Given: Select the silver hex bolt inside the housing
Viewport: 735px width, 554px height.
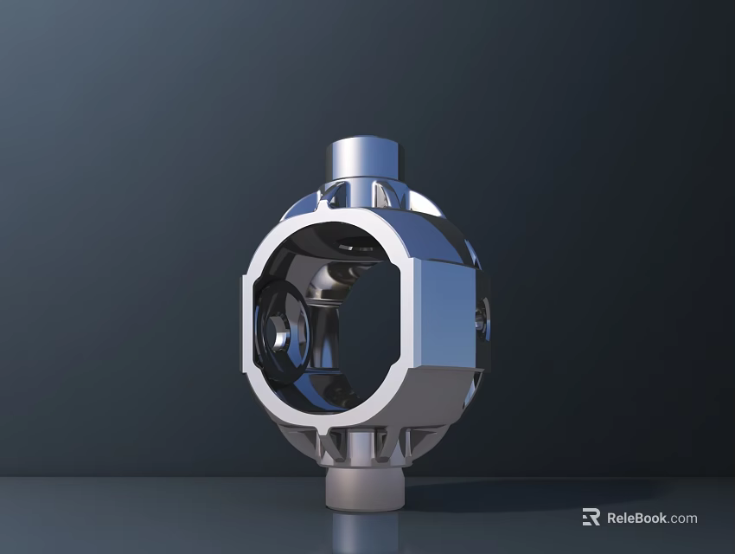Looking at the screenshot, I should [x=278, y=333].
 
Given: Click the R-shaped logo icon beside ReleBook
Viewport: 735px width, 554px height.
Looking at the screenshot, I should [x=591, y=518].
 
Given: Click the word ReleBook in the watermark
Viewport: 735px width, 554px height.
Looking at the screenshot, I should [x=636, y=519].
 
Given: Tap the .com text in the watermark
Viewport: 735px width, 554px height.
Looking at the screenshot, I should [x=683, y=519].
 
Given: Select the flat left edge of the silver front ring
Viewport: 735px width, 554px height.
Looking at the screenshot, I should [x=247, y=321].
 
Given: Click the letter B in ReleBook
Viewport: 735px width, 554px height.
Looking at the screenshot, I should [x=645, y=519].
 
